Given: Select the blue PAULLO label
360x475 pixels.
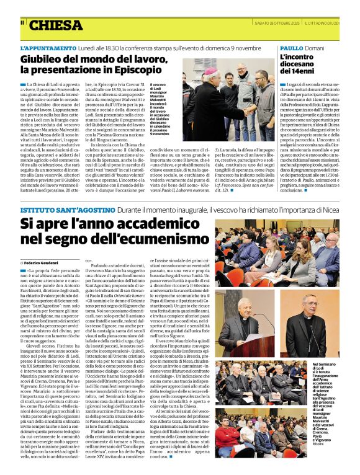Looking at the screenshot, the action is coord(292,48).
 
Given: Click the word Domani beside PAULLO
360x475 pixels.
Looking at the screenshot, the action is coord(315,48).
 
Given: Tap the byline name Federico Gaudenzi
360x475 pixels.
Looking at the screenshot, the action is coord(43,262).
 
